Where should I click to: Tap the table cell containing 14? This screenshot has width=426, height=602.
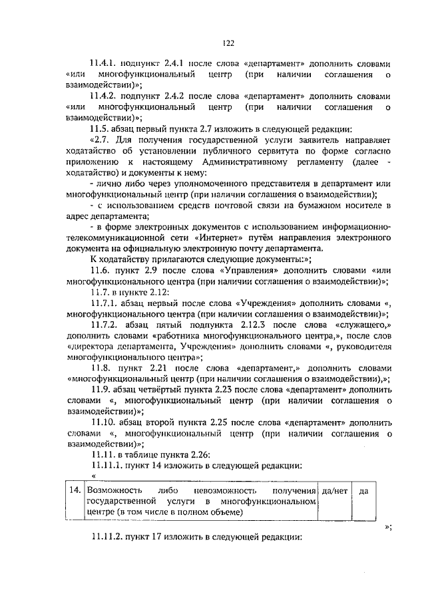click(x=76, y=490)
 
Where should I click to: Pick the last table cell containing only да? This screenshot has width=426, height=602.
click(x=363, y=490)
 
